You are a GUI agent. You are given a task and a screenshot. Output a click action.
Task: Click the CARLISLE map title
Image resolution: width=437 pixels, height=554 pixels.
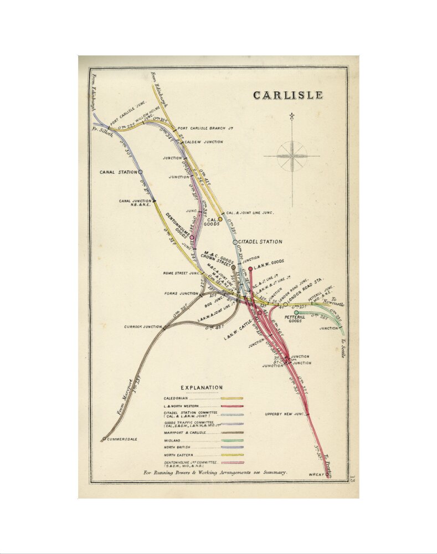click(287, 95)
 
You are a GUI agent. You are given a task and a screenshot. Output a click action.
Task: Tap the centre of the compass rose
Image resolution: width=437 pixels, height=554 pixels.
click(291, 156)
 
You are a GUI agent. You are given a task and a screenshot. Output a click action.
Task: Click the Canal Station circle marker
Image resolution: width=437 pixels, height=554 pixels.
click(141, 172)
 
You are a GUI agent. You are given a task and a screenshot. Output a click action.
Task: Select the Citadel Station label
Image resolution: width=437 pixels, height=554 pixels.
click(260, 242)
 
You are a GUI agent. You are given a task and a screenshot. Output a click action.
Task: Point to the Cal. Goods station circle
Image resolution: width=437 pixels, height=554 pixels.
click(220, 219)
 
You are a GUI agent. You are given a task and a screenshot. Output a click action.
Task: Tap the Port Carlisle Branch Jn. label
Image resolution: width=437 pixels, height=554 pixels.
click(205, 129)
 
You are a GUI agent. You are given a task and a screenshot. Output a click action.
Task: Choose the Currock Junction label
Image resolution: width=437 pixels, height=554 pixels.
click(143, 327)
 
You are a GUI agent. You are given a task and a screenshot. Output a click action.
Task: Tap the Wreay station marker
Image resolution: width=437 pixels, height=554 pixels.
click(327, 474)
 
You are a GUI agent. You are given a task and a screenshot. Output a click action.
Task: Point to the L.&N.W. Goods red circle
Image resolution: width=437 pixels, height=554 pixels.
click(250, 269)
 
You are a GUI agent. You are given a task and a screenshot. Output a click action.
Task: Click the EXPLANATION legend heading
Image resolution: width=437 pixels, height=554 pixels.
click(202, 388)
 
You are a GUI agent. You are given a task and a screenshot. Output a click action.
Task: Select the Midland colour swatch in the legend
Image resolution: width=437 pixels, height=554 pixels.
click(232, 440)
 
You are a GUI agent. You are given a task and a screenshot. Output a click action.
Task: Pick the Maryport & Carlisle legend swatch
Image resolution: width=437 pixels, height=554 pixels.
click(232, 432)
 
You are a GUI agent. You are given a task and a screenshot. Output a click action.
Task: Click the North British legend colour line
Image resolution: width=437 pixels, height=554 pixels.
click(232, 448)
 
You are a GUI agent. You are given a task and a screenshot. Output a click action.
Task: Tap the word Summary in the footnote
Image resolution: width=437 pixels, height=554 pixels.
click(275, 473)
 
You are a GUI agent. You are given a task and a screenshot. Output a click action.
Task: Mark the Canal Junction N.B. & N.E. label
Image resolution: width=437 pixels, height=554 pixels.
click(135, 203)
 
